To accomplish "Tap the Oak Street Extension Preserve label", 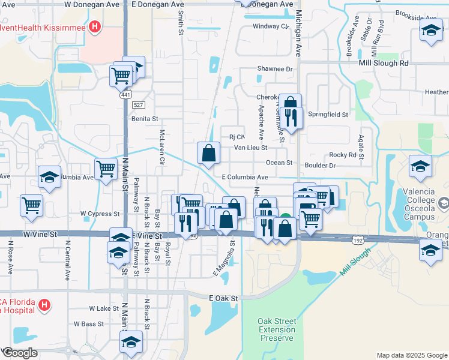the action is tap(277, 329).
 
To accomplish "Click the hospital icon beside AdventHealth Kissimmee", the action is tap(94, 26).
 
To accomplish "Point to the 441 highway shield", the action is tap(125, 95).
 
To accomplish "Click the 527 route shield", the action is tap(139, 104).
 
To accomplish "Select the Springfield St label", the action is tap(328, 114).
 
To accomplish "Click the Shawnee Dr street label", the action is tap(274, 69).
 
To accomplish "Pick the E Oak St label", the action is tap(224, 298).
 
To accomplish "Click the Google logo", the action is tap(20, 353).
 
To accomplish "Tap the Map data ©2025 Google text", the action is tap(412, 355).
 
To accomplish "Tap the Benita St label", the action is tap(144, 119).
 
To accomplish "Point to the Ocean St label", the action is tap(279, 163).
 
